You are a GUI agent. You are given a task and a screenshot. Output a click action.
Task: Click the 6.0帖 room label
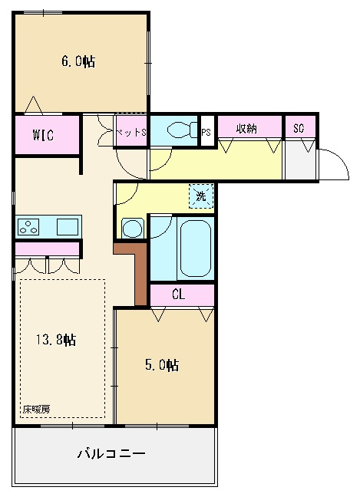point(78,61)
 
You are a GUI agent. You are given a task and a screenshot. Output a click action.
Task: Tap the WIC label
point(43,135)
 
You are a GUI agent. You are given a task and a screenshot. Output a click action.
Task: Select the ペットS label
point(131,132)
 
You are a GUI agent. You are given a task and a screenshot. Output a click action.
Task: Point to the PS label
point(206,132)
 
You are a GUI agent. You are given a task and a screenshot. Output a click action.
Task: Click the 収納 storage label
point(246,128)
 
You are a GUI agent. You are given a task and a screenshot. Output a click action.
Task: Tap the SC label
point(299,128)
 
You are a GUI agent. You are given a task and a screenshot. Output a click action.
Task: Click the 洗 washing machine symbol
point(201,196)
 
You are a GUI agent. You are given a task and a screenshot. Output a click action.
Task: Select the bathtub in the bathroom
point(196,248)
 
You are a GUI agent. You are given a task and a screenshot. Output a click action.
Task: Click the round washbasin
point(132,229)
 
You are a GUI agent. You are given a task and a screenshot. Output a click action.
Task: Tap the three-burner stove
point(28,227)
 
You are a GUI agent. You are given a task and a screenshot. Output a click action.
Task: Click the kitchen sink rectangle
point(68,227)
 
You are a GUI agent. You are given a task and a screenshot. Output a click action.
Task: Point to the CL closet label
point(178,295)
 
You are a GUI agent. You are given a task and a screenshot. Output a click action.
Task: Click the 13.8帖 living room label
point(55,340)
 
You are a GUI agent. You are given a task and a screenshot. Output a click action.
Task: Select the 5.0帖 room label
point(162,365)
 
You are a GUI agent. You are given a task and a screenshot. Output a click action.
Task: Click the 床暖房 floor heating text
point(36,410)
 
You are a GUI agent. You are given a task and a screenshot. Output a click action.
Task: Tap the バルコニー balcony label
point(111,453)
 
